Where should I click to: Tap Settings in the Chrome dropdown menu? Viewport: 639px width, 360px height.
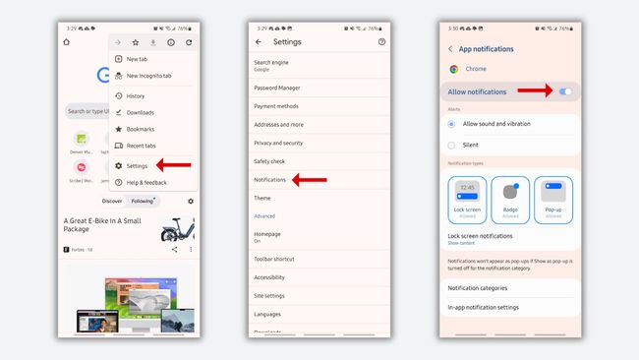point(137,165)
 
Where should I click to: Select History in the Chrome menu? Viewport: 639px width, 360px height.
point(135,95)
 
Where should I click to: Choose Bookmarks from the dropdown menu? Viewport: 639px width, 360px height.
point(140,129)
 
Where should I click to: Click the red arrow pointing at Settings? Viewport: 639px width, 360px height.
point(174,165)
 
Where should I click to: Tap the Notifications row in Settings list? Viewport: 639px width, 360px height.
point(270,180)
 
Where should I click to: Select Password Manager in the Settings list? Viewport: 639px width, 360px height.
point(277,89)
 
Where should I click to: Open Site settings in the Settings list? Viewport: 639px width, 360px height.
point(270,296)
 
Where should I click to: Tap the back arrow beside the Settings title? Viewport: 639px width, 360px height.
point(259,42)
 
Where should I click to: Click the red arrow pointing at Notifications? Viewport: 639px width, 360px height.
point(310,180)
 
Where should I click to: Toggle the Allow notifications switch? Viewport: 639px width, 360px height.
point(565,91)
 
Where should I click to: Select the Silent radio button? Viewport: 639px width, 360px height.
point(452,145)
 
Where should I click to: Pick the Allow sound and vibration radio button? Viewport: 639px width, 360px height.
point(452,124)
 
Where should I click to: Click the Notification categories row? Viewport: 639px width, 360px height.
point(478,287)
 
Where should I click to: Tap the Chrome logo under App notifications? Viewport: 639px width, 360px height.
point(454,69)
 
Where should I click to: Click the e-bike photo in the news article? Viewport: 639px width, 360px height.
point(178,229)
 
